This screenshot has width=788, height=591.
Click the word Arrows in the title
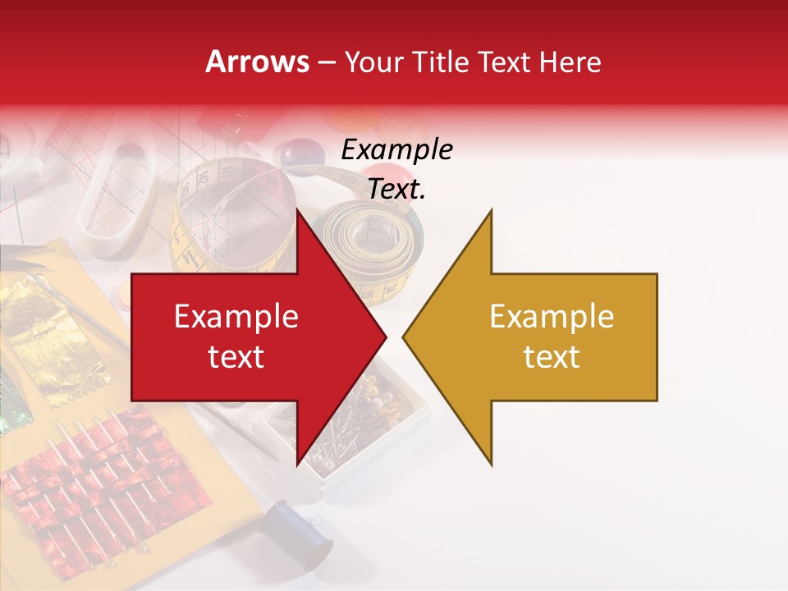coord(258,62)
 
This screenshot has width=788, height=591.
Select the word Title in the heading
coord(440,62)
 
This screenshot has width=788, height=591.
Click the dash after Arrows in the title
coord(327,63)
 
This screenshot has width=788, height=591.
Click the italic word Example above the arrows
coord(397,150)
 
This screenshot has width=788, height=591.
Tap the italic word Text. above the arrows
coord(397,190)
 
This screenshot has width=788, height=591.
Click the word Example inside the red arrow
coord(236,317)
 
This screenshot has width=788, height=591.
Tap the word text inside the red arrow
coord(236,357)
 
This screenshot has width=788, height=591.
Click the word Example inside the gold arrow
coord(552,317)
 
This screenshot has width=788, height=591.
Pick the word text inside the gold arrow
coord(552,357)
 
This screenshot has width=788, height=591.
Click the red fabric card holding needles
coord(98,492)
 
